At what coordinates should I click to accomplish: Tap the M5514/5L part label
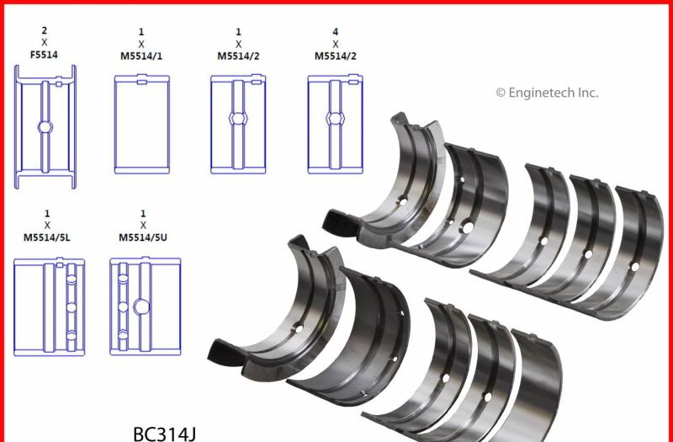pyautogui.click(x=47, y=238)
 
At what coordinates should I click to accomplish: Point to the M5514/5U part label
pyautogui.click(x=143, y=238)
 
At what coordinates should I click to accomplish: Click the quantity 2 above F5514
pyautogui.click(x=44, y=30)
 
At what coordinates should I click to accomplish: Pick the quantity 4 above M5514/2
pyautogui.click(x=336, y=31)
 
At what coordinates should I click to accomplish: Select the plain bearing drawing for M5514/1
pyautogui.click(x=141, y=125)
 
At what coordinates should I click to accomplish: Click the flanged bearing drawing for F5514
pyautogui.click(x=45, y=126)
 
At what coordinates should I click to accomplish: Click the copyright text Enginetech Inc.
pyautogui.click(x=547, y=93)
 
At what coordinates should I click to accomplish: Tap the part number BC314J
pyautogui.click(x=166, y=433)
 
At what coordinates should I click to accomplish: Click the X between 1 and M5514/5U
pyautogui.click(x=143, y=226)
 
